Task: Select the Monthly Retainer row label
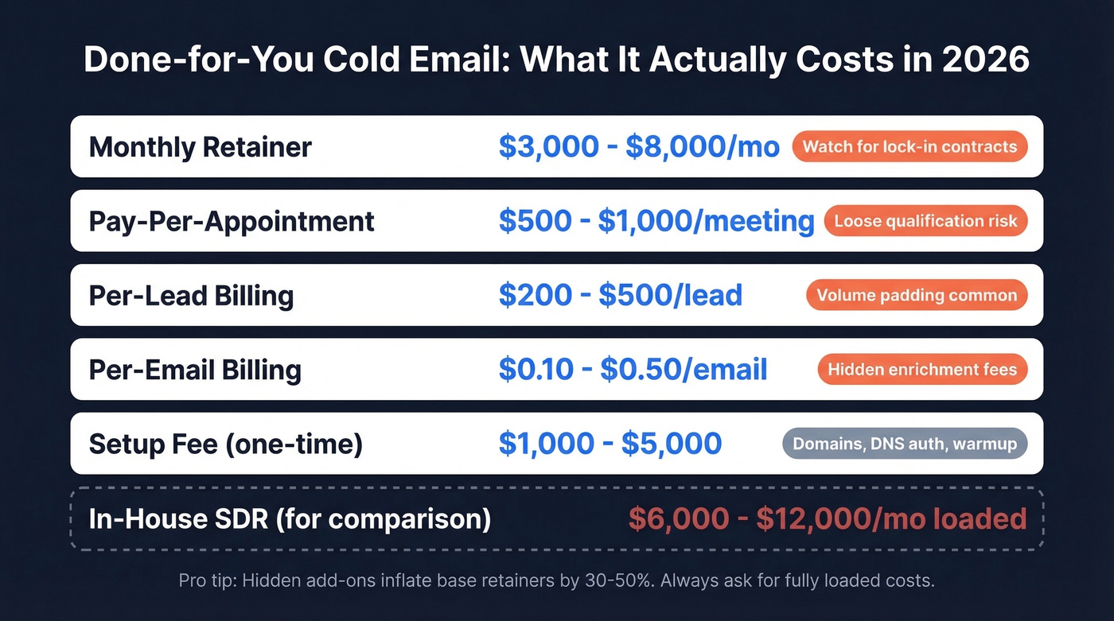(x=201, y=147)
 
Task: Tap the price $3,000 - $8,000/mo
(x=639, y=147)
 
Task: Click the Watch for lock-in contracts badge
(x=910, y=147)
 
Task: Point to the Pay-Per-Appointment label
(x=232, y=221)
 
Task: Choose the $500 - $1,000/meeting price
(x=656, y=221)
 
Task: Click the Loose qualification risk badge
(x=925, y=221)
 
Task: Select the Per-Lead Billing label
(x=191, y=296)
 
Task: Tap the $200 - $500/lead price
(x=621, y=296)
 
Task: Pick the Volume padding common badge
(x=917, y=296)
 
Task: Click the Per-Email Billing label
(x=195, y=370)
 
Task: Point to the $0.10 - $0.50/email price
(x=633, y=370)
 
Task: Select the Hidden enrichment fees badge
(x=922, y=370)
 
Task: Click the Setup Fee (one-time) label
(x=226, y=444)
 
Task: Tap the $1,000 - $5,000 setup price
(x=610, y=444)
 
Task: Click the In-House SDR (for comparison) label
(x=290, y=519)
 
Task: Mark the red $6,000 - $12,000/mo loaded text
(x=828, y=519)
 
